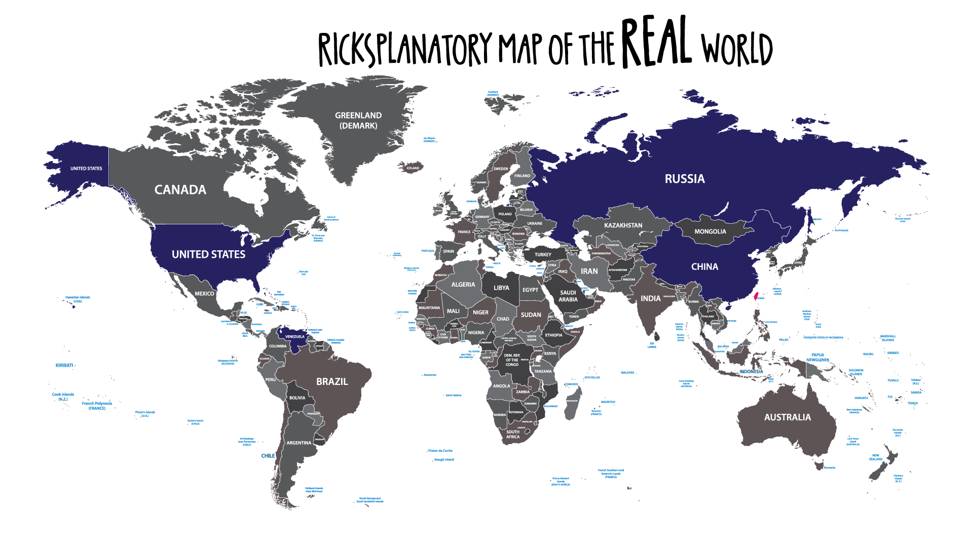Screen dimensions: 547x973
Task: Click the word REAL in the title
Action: (656, 43)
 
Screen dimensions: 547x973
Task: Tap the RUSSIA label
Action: (685, 179)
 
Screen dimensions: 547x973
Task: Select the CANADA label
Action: (180, 190)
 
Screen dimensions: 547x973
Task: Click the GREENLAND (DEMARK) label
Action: (358, 121)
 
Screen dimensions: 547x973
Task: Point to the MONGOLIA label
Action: (710, 231)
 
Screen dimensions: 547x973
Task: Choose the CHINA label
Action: (704, 267)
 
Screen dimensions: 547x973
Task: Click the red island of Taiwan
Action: (757, 296)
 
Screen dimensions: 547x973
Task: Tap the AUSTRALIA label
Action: (788, 417)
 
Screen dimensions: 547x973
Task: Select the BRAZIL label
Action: (332, 381)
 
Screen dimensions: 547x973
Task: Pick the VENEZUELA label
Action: (295, 337)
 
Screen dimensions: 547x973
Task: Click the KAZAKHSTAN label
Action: (623, 225)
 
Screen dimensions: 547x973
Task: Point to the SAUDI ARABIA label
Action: (568, 296)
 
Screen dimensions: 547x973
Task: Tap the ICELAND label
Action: (413, 168)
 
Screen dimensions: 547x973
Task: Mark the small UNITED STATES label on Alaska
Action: (86, 169)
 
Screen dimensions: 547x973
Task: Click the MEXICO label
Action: (204, 294)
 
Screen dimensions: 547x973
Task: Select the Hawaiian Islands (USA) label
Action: (78, 299)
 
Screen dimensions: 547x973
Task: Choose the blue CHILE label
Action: (268, 456)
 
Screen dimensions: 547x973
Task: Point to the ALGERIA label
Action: (463, 285)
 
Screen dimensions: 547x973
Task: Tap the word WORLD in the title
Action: (737, 49)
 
